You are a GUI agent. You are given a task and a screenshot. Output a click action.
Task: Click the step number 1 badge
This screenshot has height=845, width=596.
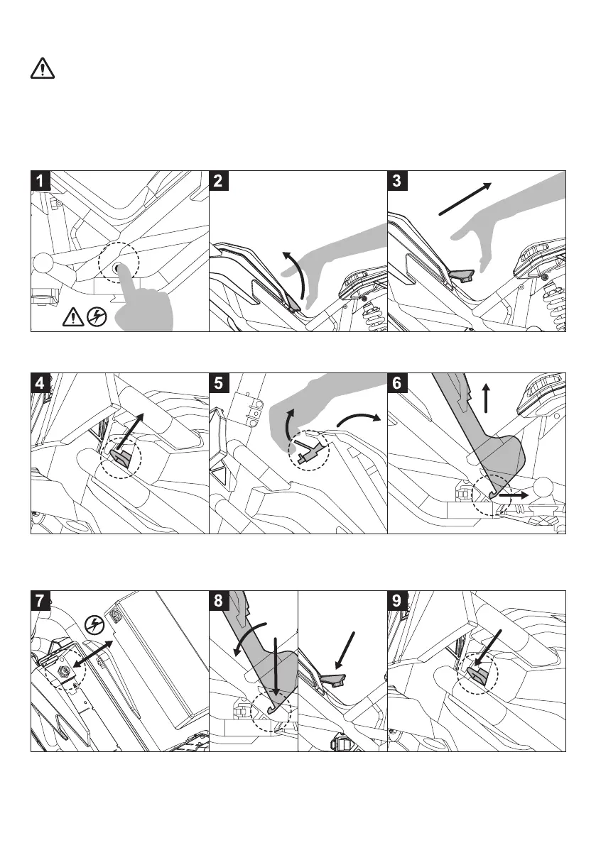pyautogui.click(x=41, y=181)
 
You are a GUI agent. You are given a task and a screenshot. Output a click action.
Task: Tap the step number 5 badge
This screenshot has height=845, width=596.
pyautogui.click(x=220, y=383)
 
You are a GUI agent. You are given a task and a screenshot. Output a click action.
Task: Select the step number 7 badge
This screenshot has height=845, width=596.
pyautogui.click(x=41, y=601)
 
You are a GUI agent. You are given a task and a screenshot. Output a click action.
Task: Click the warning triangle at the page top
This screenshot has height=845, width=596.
pyautogui.click(x=43, y=69)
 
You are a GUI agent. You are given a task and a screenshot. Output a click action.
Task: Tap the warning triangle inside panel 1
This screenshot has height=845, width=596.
pyautogui.click(x=73, y=317)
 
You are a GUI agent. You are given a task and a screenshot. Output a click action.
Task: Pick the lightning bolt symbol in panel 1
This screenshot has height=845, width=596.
pyautogui.click(x=96, y=317)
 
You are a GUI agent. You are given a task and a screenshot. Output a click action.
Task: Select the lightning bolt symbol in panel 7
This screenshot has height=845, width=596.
pyautogui.click(x=93, y=624)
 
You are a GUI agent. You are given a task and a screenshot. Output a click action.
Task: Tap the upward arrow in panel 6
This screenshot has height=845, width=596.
pyautogui.click(x=487, y=399)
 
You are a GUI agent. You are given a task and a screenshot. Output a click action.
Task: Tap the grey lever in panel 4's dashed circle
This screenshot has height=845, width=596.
pyautogui.click(x=119, y=458)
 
